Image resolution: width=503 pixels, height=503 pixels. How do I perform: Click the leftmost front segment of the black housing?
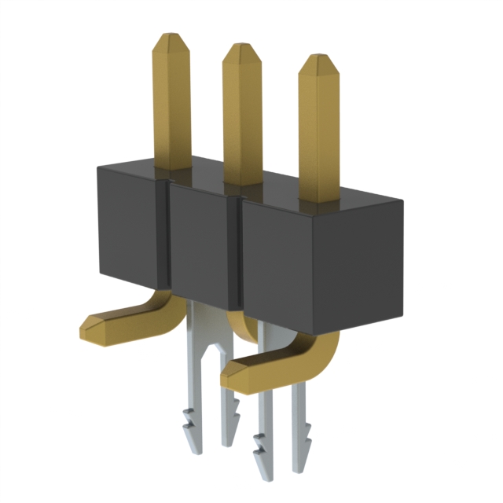click(130, 228)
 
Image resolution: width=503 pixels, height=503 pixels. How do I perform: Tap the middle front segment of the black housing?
click(201, 244)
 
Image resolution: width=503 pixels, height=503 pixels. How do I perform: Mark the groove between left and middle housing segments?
click(166, 236)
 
